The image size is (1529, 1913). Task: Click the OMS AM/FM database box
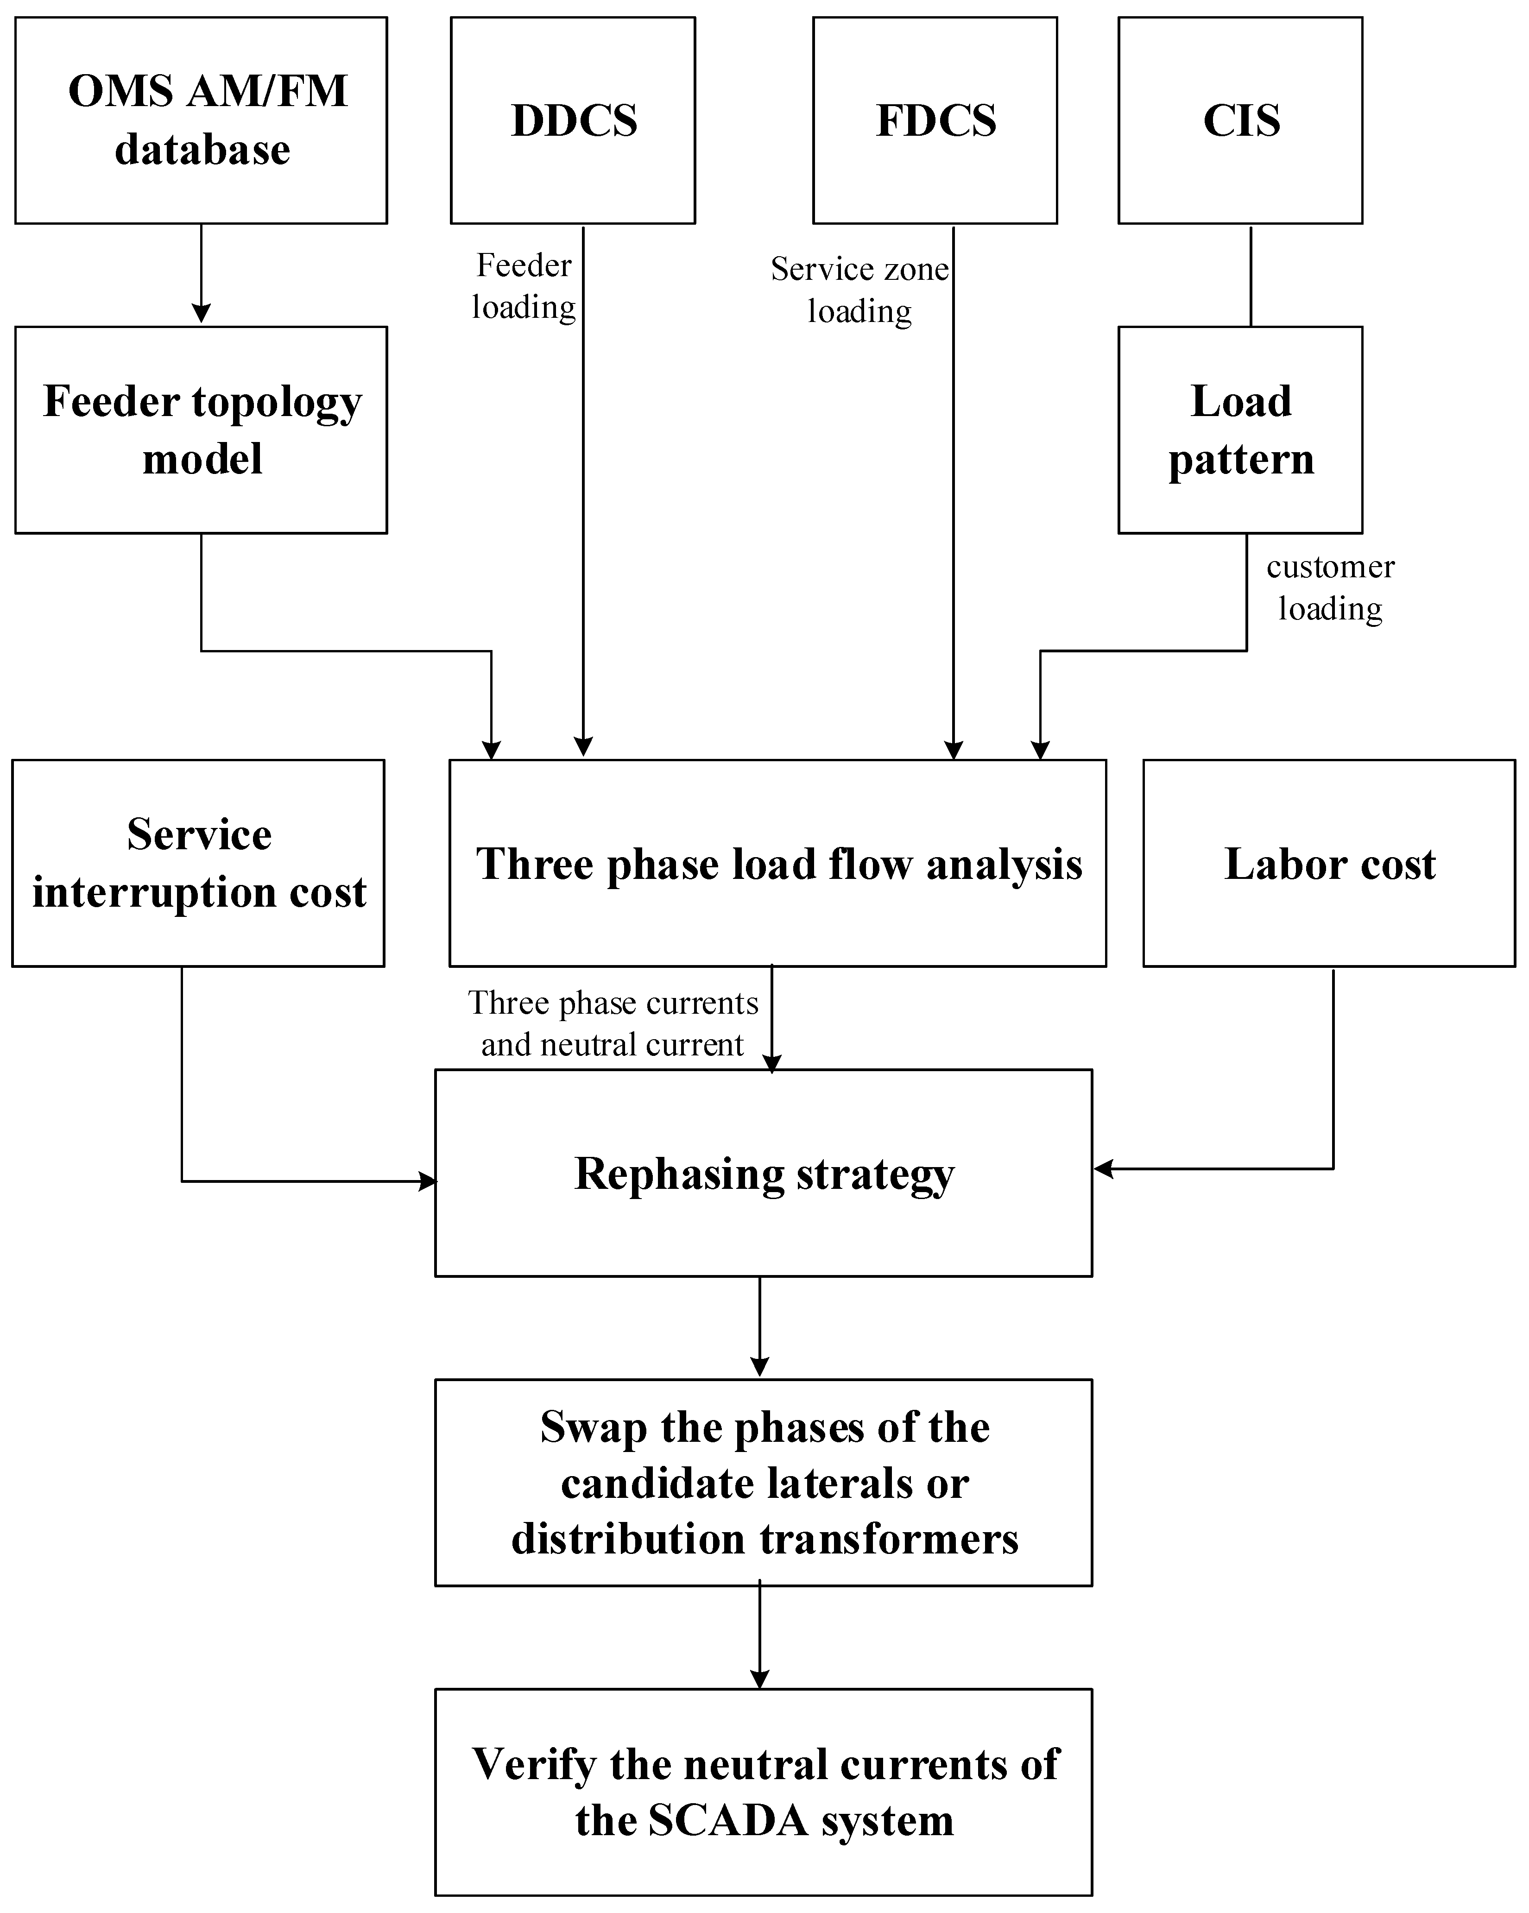tap(202, 120)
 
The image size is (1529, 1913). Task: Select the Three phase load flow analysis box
tap(778, 862)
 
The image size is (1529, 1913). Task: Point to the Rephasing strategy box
tap(763, 1173)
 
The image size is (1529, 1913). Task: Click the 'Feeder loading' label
tap(524, 286)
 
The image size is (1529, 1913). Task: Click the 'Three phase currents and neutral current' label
tap(613, 1023)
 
